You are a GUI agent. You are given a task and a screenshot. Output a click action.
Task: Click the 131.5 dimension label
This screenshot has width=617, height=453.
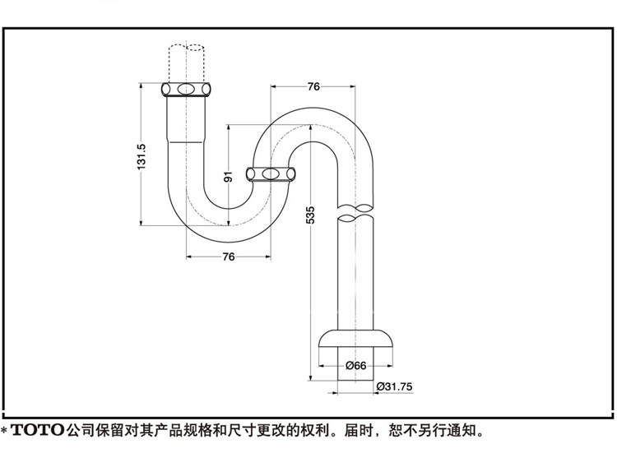point(141,156)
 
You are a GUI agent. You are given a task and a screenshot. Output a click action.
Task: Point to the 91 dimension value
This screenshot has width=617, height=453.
point(228,175)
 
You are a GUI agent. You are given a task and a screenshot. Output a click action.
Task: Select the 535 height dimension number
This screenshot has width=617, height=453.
point(310,215)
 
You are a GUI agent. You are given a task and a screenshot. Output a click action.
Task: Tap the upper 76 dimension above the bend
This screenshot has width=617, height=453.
point(313,86)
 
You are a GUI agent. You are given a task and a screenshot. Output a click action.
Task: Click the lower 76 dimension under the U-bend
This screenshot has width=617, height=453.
point(229,257)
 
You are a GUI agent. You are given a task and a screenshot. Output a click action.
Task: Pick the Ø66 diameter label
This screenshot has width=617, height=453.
point(355,365)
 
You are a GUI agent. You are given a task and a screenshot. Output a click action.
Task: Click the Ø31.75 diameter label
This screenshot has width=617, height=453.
point(392,386)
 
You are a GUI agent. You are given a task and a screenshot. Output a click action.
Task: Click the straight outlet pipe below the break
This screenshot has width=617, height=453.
point(356,271)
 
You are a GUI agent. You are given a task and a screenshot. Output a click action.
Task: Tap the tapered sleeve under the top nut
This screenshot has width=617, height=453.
point(187,119)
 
